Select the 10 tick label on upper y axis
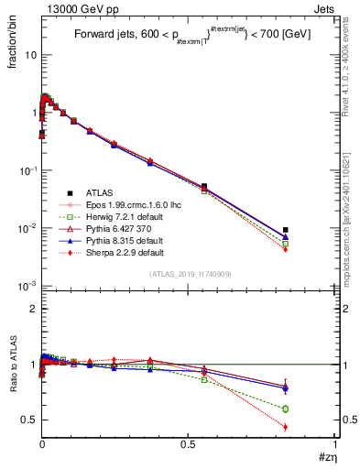tap(30, 55)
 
